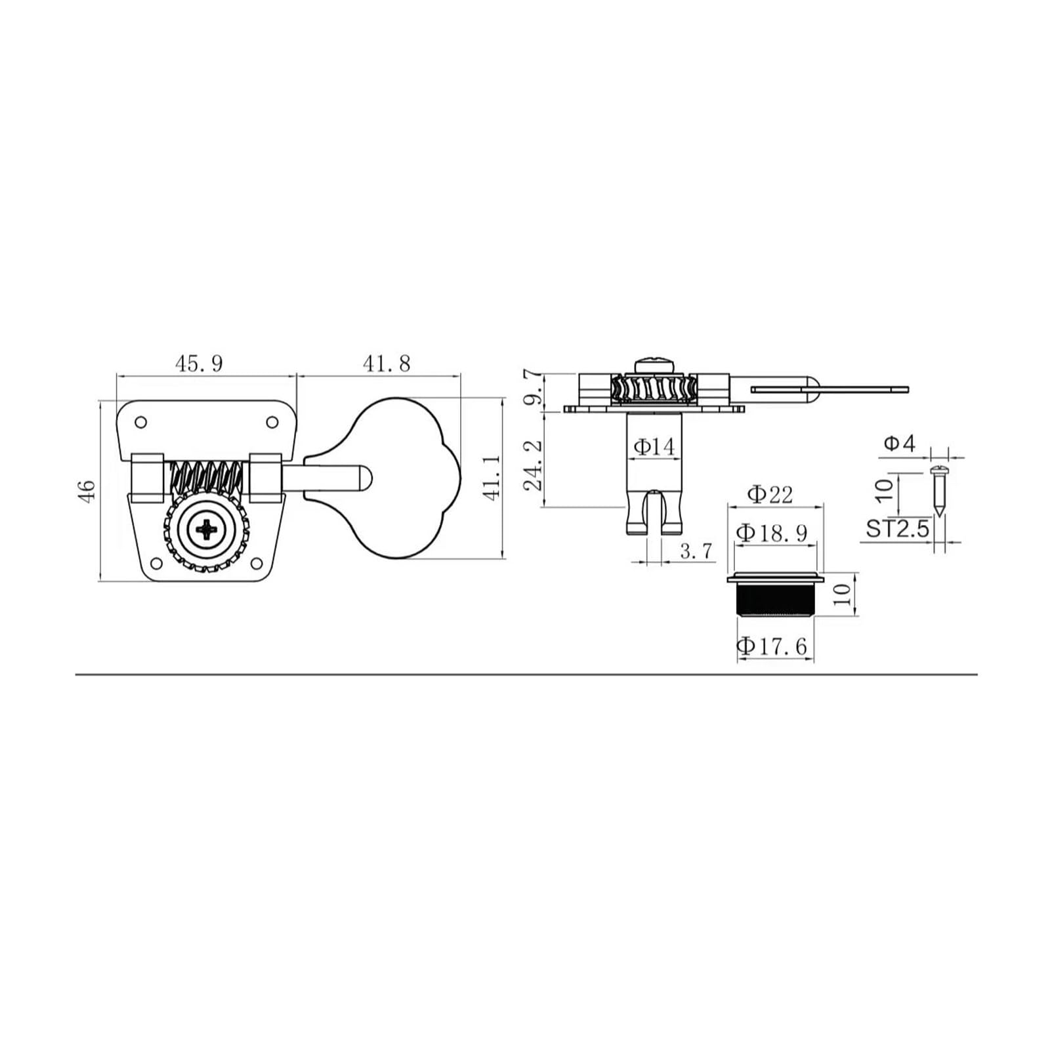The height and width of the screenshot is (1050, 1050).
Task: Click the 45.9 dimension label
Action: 199,363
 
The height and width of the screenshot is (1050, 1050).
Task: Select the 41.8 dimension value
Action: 387,363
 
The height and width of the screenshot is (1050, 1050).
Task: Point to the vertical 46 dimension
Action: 87,491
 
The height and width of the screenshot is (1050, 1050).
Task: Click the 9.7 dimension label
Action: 534,388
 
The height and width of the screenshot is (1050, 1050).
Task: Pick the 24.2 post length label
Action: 534,465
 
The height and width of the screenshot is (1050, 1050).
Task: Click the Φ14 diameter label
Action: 654,447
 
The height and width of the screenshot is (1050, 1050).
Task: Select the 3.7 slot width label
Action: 696,551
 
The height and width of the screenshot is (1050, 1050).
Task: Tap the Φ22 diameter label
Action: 770,493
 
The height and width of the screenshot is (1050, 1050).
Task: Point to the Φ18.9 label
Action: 771,533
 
